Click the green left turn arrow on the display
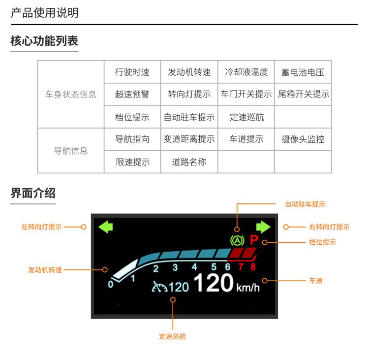(106, 227)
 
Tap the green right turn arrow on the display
(263, 227)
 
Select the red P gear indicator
(254, 241)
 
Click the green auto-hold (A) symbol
(237, 241)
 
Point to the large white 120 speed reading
(213, 283)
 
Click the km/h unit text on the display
(247, 287)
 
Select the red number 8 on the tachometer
(253, 267)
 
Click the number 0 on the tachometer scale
(110, 284)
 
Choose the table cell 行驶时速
(132, 72)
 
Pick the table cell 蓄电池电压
(303, 72)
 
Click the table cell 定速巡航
(246, 117)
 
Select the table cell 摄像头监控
(303, 139)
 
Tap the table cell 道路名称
(189, 162)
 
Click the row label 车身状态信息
(71, 95)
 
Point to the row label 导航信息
(71, 151)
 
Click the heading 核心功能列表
(44, 41)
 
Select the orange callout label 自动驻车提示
(305, 204)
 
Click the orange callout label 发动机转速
(45, 270)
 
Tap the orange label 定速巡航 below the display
(173, 336)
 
